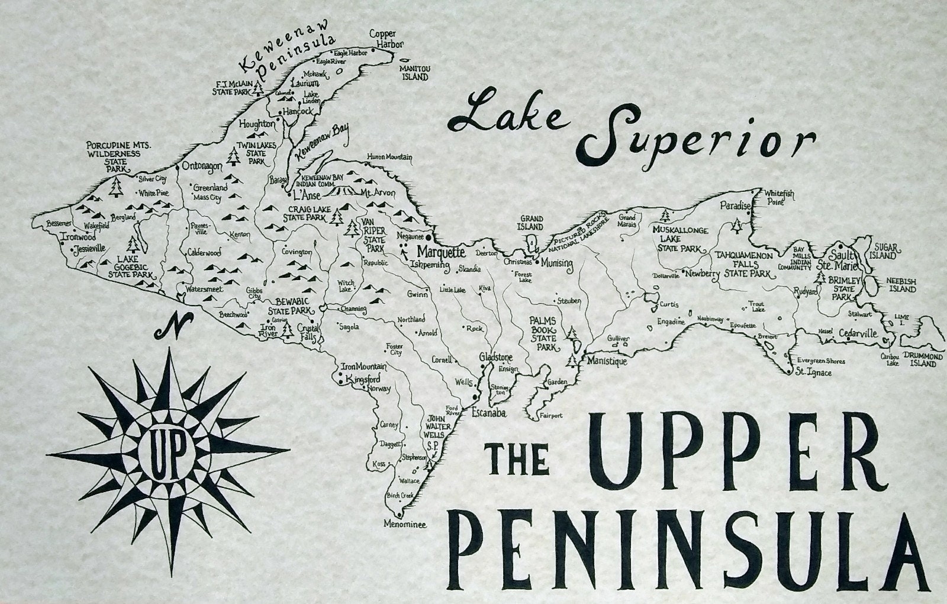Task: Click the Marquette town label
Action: (x=441, y=252)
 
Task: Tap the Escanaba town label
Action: (x=488, y=414)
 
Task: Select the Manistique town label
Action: (x=607, y=361)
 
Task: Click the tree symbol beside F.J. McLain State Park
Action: (x=258, y=88)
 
